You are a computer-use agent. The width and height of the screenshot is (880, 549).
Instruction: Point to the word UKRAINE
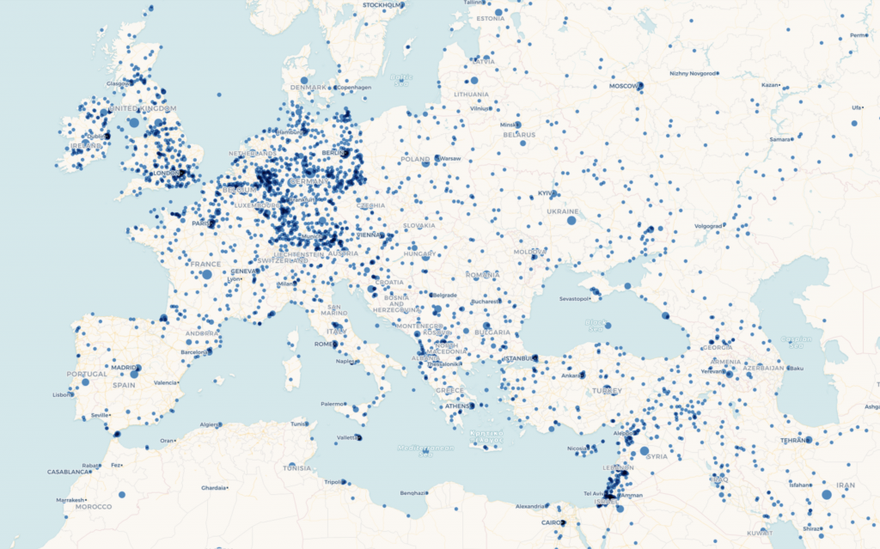tap(562, 211)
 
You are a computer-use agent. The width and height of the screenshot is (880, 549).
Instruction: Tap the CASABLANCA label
tap(68, 472)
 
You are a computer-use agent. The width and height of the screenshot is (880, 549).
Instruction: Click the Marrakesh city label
tap(67, 500)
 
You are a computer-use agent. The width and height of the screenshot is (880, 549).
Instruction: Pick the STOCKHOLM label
tap(382, 5)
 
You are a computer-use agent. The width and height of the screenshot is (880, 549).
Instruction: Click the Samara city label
tap(780, 138)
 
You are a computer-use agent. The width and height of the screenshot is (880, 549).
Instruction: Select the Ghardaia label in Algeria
tap(213, 488)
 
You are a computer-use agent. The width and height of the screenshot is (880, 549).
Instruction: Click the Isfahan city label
tap(798, 485)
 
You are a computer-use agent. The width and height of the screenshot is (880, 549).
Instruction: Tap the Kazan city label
tap(769, 85)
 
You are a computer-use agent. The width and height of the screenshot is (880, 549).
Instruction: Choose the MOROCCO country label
tap(93, 507)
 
